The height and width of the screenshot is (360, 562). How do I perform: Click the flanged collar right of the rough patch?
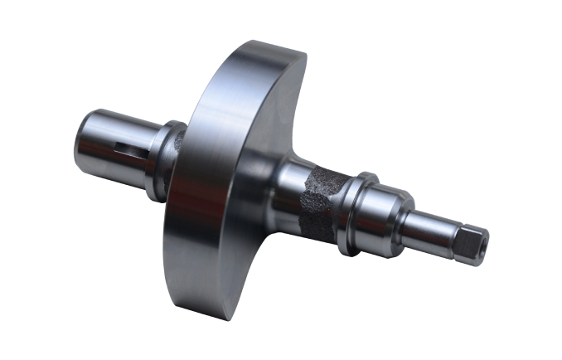click(x=354, y=212)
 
